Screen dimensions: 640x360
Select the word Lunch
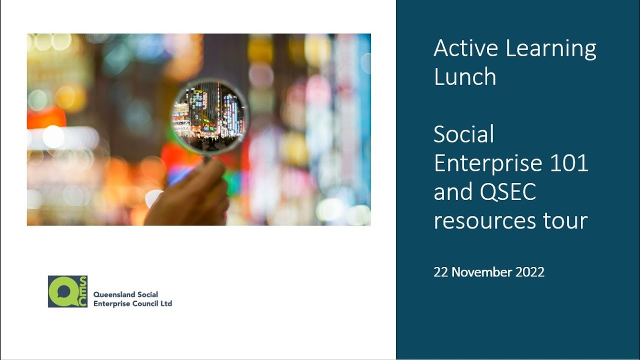pos(465,76)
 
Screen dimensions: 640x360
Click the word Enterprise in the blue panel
pos(488,163)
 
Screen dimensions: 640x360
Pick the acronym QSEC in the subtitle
pos(508,191)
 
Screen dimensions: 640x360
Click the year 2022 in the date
pos(530,272)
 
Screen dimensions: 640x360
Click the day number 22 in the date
pos(441,272)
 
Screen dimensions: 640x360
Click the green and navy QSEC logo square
pos(67,291)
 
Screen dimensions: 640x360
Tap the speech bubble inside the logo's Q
pos(63,291)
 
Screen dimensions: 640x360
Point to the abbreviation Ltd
pos(166,303)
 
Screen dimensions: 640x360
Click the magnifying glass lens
pos(210,117)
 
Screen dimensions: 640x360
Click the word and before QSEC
pos(453,191)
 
